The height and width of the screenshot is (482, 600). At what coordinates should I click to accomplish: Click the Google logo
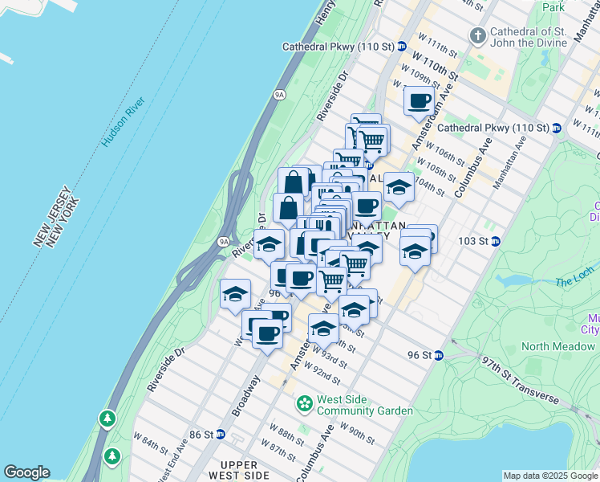coord(26,472)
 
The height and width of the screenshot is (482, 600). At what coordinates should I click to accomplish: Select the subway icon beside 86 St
coord(221,435)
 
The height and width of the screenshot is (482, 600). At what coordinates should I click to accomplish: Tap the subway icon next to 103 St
coord(496,241)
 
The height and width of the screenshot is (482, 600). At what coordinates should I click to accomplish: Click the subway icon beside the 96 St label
coord(439,355)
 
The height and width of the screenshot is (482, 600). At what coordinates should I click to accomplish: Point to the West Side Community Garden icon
coord(305,402)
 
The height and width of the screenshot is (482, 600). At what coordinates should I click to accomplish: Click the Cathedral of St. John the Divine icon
coord(478,35)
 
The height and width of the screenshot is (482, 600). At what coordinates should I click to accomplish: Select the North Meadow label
coord(558,346)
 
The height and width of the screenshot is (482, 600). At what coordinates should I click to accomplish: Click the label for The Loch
coord(573,281)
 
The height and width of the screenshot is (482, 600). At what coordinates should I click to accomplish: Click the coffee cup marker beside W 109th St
coord(419,102)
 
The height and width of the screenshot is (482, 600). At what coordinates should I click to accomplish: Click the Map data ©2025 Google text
coord(550,476)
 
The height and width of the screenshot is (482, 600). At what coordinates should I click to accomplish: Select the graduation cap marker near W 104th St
coord(399,186)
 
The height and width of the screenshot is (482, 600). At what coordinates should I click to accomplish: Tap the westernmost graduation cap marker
coord(235,294)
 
